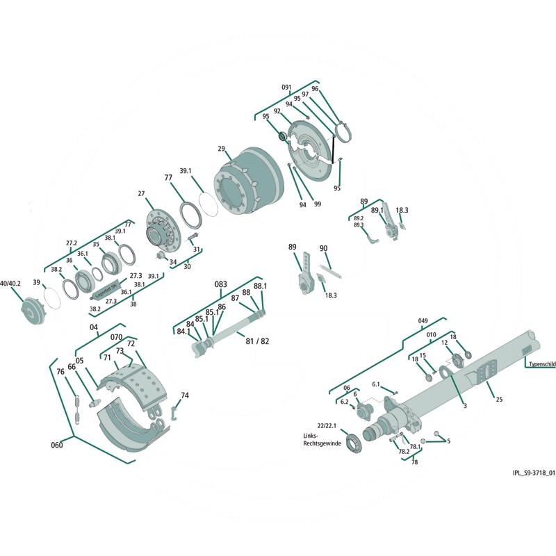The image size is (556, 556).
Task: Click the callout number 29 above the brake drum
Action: click(x=221, y=149)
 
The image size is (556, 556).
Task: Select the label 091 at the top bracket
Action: click(x=286, y=87)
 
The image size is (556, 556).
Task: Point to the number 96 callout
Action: click(x=315, y=89)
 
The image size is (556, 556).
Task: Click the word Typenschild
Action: click(x=541, y=363)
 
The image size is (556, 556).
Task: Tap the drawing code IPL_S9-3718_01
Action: click(x=532, y=473)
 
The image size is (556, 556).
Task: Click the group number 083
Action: click(x=221, y=285)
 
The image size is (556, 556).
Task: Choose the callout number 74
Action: click(x=184, y=395)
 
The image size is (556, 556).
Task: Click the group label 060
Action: click(x=57, y=445)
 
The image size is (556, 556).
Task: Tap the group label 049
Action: click(x=423, y=320)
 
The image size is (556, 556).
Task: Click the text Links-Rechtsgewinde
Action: click(x=320, y=439)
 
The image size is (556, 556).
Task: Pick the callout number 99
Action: click(x=317, y=204)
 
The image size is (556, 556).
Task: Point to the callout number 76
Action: click(x=60, y=372)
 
